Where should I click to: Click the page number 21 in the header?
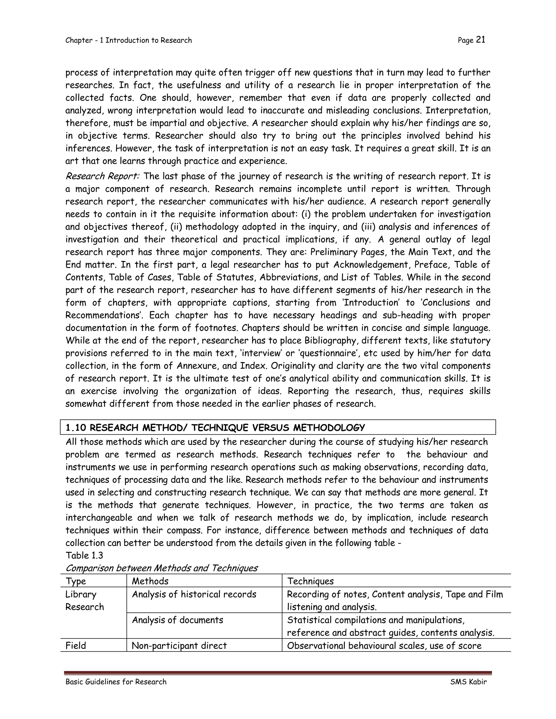click(481, 40)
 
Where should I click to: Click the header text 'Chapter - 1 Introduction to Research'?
click(128, 40)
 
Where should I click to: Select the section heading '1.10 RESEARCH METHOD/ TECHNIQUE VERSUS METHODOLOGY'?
click(215, 428)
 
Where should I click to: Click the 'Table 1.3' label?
click(84, 556)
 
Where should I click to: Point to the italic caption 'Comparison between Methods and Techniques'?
click(162, 568)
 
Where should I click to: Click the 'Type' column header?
click(76, 581)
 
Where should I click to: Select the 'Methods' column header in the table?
click(150, 581)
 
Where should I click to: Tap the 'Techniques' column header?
click(310, 581)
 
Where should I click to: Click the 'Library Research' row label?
click(84, 600)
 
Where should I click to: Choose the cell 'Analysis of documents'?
click(178, 620)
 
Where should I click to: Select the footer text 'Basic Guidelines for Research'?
click(116, 682)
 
